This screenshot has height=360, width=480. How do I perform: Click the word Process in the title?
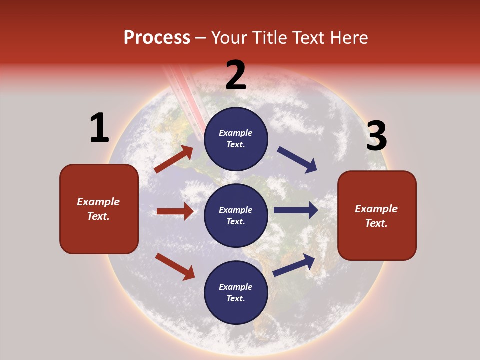click(x=157, y=38)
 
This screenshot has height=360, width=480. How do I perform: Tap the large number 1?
click(x=99, y=128)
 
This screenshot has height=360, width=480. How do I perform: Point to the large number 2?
click(x=236, y=75)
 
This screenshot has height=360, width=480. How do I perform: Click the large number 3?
click(x=376, y=136)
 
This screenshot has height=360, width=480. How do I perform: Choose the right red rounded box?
click(x=377, y=216)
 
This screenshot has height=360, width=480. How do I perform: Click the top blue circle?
click(x=236, y=139)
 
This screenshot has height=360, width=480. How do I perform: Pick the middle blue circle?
click(x=236, y=215)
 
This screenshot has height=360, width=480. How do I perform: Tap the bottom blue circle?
click(x=236, y=292)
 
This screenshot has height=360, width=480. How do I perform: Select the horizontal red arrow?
click(x=175, y=211)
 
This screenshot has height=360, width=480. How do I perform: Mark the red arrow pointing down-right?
click(x=175, y=266)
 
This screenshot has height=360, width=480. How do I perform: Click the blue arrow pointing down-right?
click(x=297, y=160)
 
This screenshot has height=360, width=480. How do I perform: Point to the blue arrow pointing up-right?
click(x=294, y=265)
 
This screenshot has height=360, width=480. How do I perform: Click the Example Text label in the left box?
click(x=98, y=209)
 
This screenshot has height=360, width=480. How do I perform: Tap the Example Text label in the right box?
click(x=376, y=216)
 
